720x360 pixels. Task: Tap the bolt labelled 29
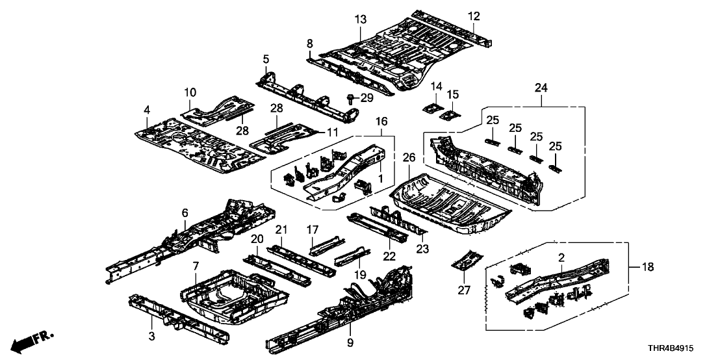click(x=352, y=99)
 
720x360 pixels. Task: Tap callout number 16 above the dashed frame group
click(x=381, y=122)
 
